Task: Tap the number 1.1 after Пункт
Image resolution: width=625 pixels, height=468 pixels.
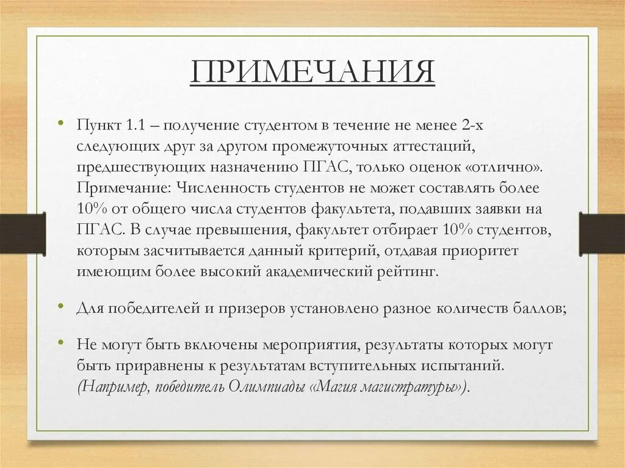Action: [x=135, y=125]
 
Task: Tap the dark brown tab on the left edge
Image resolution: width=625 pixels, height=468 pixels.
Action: [x=22, y=234]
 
